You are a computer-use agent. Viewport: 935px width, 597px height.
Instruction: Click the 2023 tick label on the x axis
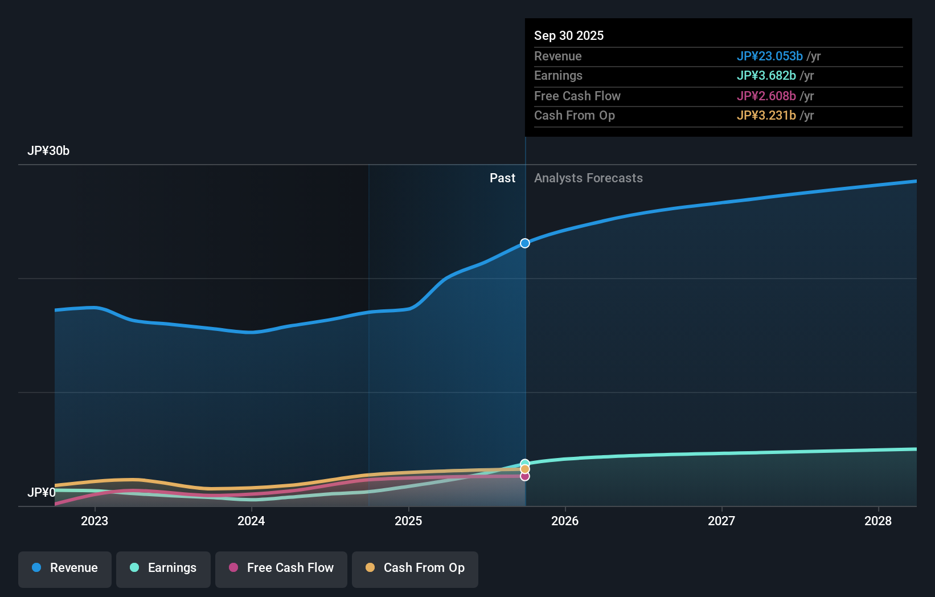coord(95,521)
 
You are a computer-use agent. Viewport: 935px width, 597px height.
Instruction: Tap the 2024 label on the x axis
coord(251,521)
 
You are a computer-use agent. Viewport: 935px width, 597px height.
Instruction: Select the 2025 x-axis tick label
coord(408,521)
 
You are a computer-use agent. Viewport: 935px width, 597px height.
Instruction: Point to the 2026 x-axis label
coord(565,521)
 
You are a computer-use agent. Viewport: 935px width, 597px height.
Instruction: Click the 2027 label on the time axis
coord(721,521)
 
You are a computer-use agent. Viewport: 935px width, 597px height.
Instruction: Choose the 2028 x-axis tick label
coord(878,521)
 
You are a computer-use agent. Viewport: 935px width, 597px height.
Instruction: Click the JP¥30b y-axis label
coord(48,151)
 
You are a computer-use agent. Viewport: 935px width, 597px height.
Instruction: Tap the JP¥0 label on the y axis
coord(42,492)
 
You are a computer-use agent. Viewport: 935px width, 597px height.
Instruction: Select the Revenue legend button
coord(65,568)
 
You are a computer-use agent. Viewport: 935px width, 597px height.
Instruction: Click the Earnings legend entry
coord(163,568)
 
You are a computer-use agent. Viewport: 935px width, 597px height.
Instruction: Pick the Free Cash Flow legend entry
coord(281,568)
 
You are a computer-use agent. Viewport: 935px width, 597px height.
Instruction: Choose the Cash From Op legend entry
coord(415,568)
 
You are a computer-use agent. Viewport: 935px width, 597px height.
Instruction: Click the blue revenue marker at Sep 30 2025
coord(525,243)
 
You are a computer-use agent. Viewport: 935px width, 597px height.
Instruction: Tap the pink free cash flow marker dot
coord(525,476)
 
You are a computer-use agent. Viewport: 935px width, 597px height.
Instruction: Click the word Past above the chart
coord(502,178)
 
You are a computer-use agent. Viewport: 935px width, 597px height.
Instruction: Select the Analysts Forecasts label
coord(588,178)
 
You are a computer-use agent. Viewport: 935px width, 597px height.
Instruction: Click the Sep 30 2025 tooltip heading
coord(569,36)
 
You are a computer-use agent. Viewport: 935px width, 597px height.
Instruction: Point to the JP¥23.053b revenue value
coord(769,56)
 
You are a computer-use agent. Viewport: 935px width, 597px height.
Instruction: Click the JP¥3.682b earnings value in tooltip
coord(766,76)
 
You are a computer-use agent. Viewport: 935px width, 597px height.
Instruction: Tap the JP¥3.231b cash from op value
coord(766,116)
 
